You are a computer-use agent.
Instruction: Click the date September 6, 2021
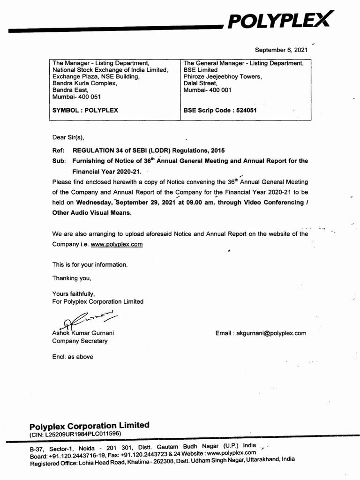tap(281, 50)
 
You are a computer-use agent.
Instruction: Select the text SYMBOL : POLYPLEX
tap(85, 111)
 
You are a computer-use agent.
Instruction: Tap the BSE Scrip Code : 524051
tap(220, 111)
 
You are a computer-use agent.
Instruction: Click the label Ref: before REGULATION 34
tap(58, 150)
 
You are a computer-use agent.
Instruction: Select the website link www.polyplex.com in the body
tap(117, 244)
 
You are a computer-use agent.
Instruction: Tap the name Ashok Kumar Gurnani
tap(83, 333)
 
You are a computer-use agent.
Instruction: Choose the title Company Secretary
tap(80, 341)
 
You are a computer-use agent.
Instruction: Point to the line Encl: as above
tap(73, 357)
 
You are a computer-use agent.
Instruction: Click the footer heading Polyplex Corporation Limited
tap(90, 426)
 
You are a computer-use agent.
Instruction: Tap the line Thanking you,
tap(72, 278)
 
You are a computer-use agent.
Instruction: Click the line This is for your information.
tap(90, 264)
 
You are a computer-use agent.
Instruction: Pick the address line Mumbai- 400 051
tap(76, 97)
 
